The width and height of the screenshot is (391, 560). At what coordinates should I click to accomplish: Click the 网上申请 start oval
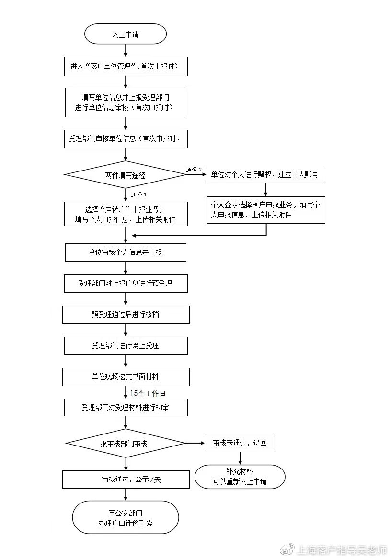click(126, 34)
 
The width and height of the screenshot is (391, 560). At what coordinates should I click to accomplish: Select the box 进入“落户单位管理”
click(126, 67)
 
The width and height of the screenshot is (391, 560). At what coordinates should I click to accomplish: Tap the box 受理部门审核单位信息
click(126, 139)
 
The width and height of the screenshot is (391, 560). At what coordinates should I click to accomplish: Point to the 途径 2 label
click(194, 170)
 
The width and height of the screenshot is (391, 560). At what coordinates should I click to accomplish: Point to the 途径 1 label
click(138, 195)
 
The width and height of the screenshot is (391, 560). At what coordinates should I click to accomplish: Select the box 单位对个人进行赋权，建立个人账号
click(266, 175)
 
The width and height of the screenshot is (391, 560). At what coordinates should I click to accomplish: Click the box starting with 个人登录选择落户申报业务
click(266, 210)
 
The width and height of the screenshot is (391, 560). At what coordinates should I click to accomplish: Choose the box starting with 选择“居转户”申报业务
click(126, 214)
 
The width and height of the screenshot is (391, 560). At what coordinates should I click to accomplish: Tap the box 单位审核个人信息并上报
click(126, 252)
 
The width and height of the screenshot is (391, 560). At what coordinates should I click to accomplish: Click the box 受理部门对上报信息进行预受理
click(126, 283)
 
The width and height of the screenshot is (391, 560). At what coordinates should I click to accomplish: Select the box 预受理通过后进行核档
click(126, 315)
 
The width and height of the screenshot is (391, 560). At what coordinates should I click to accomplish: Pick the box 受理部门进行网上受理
click(126, 345)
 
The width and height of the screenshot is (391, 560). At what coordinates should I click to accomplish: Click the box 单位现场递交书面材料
click(126, 377)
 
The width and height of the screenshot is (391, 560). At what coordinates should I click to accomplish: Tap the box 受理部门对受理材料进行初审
click(126, 408)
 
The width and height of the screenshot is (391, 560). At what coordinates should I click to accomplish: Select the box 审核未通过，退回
click(240, 443)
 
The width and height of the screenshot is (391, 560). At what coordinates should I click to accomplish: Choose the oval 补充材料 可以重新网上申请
click(240, 477)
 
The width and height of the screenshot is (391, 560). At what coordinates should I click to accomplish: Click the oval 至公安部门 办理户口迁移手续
click(126, 517)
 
